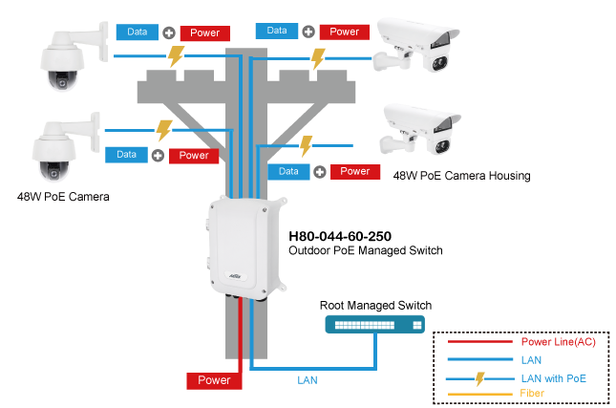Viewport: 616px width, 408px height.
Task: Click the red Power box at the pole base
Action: pyautogui.click(x=214, y=380)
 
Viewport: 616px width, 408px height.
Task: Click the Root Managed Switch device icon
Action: pyautogui.click(x=375, y=326)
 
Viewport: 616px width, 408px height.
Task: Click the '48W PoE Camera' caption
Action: pyautogui.click(x=63, y=197)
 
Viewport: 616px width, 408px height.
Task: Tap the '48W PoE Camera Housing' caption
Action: pyautogui.click(x=461, y=176)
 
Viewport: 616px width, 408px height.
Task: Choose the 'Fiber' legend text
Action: pyautogui.click(x=533, y=393)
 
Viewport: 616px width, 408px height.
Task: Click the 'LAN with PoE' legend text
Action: pyautogui.click(x=553, y=377)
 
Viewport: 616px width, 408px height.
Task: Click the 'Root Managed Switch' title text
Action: pyautogui.click(x=375, y=306)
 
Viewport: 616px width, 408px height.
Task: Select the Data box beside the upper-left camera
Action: pyautogui.click(x=138, y=32)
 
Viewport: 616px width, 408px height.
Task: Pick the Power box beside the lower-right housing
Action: pyautogui.click(x=354, y=172)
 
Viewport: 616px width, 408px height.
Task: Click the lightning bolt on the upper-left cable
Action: pyautogui.click(x=176, y=55)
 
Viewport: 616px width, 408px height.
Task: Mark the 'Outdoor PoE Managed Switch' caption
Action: pyautogui.click(x=366, y=250)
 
